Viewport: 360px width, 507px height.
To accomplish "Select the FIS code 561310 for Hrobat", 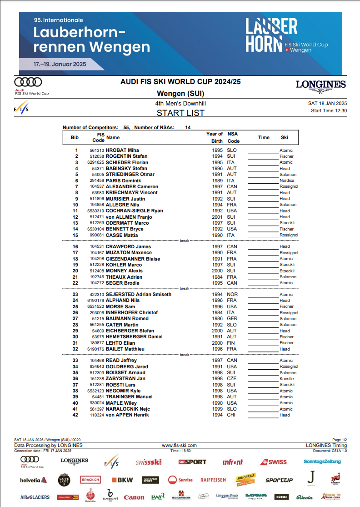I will [x=97, y=151].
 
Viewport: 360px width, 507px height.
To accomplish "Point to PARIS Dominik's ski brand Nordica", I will [x=287, y=181].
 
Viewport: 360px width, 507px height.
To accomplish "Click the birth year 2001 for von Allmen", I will [x=217, y=217].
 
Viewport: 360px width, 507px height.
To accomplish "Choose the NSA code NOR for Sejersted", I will [x=232, y=295].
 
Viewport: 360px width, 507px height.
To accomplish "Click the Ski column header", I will [x=285, y=137].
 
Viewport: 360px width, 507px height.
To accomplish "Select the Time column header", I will [x=264, y=137].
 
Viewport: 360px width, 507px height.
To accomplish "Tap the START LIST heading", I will [x=180, y=113].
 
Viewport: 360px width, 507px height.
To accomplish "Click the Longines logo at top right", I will [x=320, y=85].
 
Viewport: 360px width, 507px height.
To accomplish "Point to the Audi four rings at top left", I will [x=28, y=82].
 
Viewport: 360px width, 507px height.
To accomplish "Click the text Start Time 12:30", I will [x=329, y=110].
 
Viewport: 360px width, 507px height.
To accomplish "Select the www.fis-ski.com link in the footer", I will [x=179, y=446].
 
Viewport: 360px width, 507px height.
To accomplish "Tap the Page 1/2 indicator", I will [x=340, y=440].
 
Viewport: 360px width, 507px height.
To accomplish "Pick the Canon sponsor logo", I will [x=134, y=497].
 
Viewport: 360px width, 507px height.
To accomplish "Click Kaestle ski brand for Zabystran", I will [x=286, y=379].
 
